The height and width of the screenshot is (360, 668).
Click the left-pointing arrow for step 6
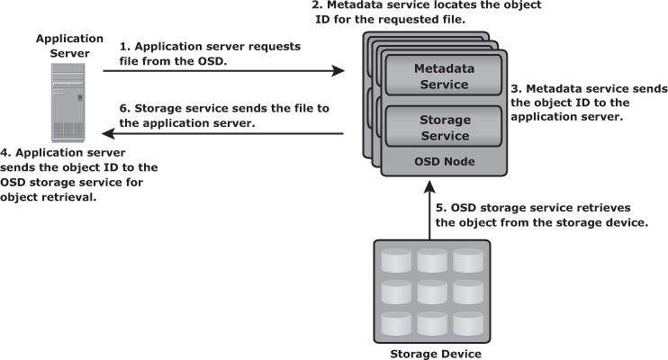225,134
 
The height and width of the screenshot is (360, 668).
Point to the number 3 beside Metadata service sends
514,89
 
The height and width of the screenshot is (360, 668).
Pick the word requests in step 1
274,45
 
